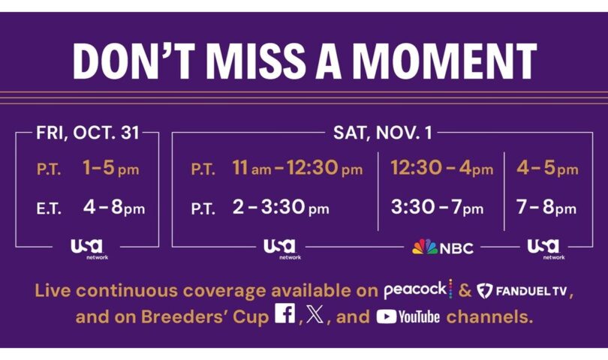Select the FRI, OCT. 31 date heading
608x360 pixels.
tap(88, 133)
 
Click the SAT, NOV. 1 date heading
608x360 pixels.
tap(382, 133)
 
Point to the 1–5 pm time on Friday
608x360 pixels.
tap(111, 168)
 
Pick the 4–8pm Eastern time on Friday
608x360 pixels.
tap(114, 207)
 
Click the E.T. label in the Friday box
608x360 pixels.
tap(49, 209)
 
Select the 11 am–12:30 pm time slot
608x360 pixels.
tap(297, 168)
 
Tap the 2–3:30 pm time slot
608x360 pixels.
tap(281, 207)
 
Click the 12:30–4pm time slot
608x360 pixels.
tap(441, 168)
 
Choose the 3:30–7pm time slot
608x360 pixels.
tap(438, 207)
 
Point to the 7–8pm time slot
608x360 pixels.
tap(546, 207)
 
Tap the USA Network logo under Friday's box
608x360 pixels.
tap(89, 249)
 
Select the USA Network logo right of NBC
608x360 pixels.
tap(546, 249)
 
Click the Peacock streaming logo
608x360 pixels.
tap(418, 289)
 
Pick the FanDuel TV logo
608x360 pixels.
tap(522, 291)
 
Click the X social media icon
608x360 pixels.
tap(315, 314)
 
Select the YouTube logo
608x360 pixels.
tap(408, 316)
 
